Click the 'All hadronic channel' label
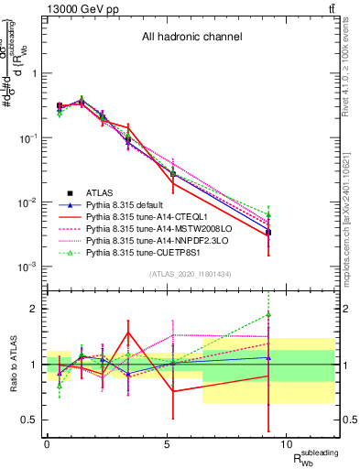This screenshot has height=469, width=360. [x=191, y=38]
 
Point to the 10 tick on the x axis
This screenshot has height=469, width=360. [x=286, y=444]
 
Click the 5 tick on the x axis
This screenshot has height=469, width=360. [x=167, y=444]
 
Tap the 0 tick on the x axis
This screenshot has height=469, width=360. [x=48, y=444]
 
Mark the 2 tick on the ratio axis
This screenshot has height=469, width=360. [x=33, y=309]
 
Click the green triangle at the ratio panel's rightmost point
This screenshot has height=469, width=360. [x=268, y=314]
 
